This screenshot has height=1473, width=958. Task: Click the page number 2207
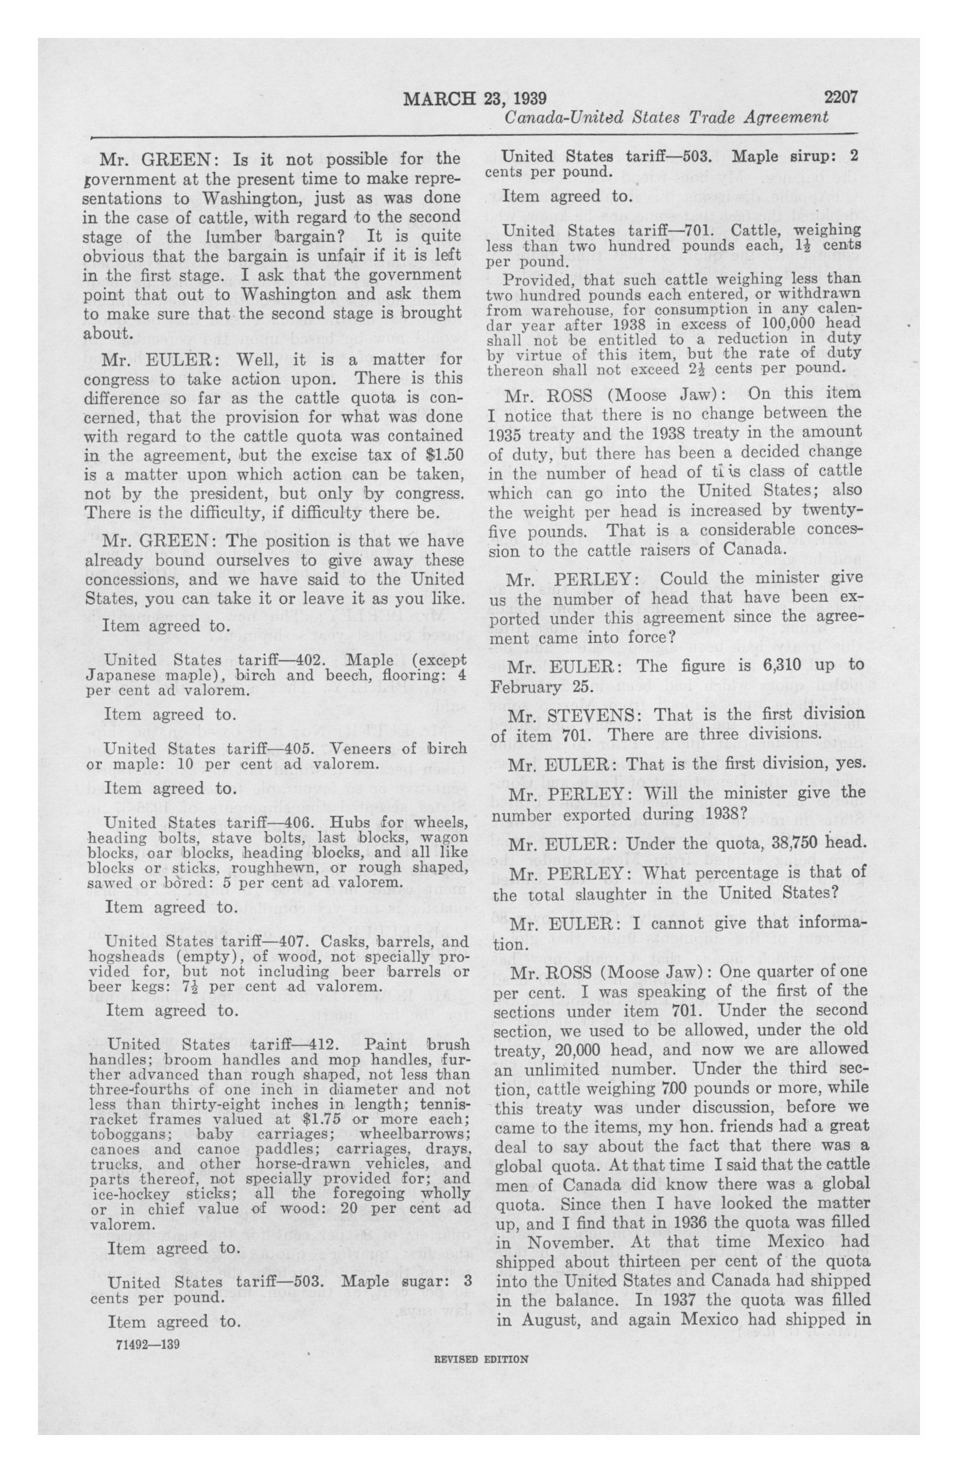point(839,98)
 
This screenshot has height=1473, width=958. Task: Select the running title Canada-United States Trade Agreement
point(666,118)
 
